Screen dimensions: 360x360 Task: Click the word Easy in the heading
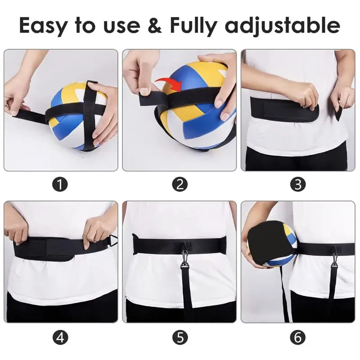[x=44, y=26]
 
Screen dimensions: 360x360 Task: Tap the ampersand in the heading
[x=154, y=25]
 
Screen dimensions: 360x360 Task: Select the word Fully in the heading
[x=193, y=26]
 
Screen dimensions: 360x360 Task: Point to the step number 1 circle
[x=60, y=184]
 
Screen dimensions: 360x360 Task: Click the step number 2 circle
[x=180, y=184]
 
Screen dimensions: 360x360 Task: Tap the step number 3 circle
[x=298, y=184]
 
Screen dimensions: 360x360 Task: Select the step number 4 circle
[x=60, y=337]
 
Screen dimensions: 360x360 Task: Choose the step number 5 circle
[x=180, y=337]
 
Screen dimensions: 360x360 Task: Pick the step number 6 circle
[x=298, y=337]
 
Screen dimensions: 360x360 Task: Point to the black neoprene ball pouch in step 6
[x=267, y=243]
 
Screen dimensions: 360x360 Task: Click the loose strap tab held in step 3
[x=339, y=114]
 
